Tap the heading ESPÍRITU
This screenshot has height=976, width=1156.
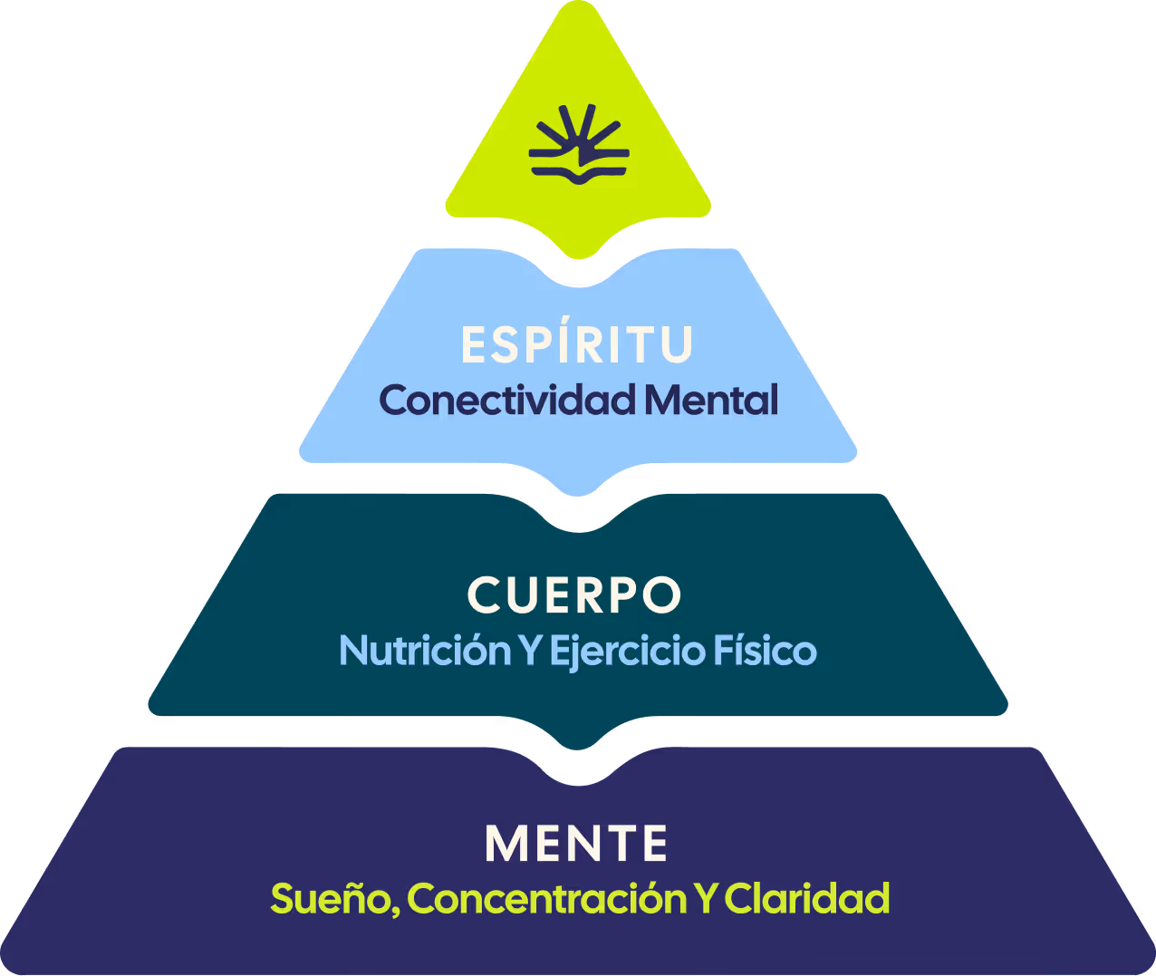pos(577,344)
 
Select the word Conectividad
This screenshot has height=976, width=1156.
pos(507,400)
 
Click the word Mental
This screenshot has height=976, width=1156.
pos(712,400)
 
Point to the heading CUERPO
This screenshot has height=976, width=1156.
pos(574,595)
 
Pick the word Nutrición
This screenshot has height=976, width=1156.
pos(425,651)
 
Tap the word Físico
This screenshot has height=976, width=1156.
pos(766,651)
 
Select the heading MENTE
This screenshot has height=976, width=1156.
pos(577,845)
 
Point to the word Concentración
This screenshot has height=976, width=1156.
pos(547,899)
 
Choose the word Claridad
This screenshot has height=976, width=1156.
pos(807,899)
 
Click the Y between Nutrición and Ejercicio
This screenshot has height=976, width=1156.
pos(529,651)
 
